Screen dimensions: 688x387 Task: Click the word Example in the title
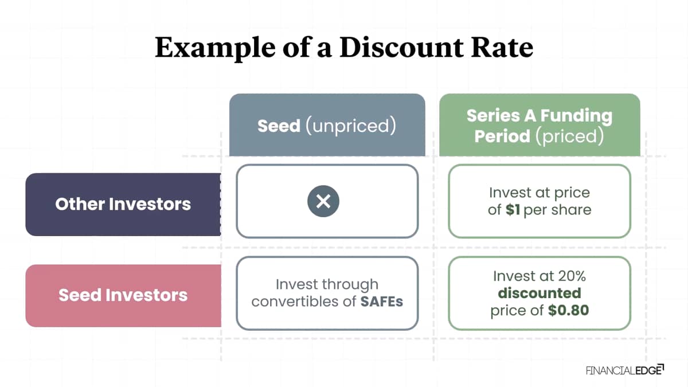215,48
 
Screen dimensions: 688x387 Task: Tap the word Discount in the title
401,47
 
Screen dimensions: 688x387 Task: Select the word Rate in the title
502,47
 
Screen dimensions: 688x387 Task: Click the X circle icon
323,201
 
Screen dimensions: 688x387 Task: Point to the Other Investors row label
123,204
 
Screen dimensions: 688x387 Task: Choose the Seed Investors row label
123,295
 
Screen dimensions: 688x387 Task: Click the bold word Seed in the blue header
279,126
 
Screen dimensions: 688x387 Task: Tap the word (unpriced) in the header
351,126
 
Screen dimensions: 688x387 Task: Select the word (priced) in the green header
570,136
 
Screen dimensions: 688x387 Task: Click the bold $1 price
513,210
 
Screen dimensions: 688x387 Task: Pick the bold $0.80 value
568,310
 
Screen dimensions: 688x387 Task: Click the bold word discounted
540,293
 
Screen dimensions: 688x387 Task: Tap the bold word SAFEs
381,302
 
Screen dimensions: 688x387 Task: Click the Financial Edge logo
625,370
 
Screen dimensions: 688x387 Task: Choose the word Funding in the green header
576,116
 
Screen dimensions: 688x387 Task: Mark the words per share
557,210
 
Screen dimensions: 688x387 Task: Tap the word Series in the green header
493,116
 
